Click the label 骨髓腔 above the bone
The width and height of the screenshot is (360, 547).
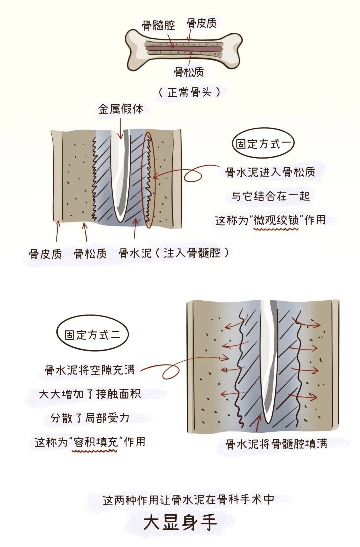(x=158, y=25)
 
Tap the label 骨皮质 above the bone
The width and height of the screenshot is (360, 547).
(x=202, y=23)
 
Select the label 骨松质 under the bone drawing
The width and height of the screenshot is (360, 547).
(x=189, y=72)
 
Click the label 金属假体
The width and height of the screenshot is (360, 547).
(x=121, y=109)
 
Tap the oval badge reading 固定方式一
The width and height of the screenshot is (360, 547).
(x=263, y=144)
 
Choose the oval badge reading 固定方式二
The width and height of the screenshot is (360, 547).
(x=92, y=335)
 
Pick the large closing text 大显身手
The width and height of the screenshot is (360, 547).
(x=180, y=523)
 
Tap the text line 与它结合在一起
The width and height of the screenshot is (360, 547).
(x=270, y=196)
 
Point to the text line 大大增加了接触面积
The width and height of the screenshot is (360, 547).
(x=90, y=394)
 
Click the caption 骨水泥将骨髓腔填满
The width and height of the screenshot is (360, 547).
(x=276, y=444)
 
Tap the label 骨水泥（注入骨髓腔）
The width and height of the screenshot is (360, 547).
(x=174, y=254)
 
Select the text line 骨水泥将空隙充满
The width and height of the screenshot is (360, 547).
(x=90, y=370)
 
